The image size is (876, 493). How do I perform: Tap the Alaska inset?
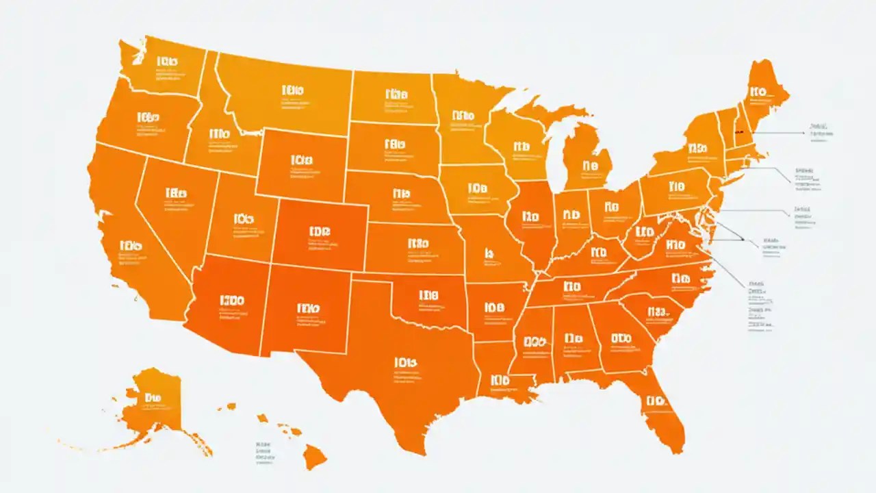tap(154, 404)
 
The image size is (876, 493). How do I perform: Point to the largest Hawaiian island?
tap(315, 455)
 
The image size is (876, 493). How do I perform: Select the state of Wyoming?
tap(301, 164)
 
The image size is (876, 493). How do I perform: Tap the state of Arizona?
tap(229, 308)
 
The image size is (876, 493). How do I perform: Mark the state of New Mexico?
tap(305, 315)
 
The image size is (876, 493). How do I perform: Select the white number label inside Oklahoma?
tap(428, 296)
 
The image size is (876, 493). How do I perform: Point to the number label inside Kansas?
tap(417, 243)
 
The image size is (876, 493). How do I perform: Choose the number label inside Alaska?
tap(153, 397)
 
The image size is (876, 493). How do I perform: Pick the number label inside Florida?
tap(656, 401)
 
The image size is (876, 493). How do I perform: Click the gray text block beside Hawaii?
tap(263, 453)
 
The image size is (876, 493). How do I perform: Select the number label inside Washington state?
tap(167, 62)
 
